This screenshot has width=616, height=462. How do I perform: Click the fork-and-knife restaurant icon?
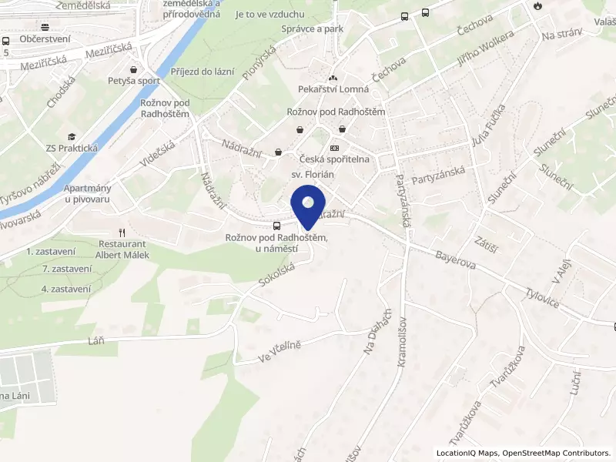tap(121, 233)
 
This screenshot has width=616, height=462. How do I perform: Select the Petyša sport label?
tap(133, 79)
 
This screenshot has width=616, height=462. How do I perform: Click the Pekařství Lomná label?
tap(333, 91)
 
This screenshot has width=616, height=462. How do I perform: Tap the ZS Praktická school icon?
tap(72, 136)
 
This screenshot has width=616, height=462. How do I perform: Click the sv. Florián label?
tap(312, 175)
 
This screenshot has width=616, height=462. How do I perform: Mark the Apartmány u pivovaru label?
tap(88, 193)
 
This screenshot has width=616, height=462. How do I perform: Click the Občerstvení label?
tap(45, 39)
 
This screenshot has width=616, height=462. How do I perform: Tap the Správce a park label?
tap(312, 28)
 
